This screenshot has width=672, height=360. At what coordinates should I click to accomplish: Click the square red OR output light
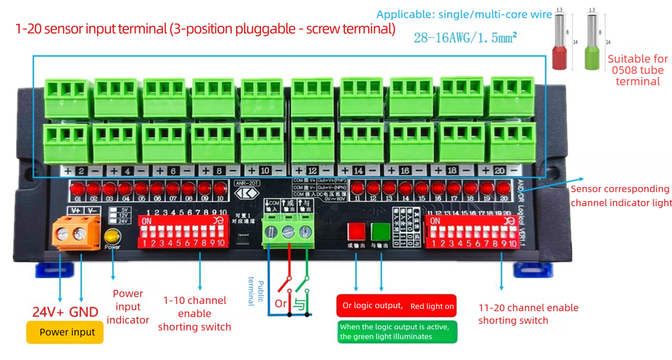coord(356,232)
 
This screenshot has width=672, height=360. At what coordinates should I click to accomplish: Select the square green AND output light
coord(381,232)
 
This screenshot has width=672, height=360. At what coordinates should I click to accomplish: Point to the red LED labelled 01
coord(77,188)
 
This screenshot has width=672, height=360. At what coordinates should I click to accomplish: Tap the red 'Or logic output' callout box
coord(396,305)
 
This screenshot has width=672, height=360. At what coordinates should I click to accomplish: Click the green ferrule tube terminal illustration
coord(594,46)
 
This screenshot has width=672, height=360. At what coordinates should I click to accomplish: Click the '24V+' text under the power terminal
coord(48,312)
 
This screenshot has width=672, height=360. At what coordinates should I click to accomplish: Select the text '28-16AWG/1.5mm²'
coord(465,38)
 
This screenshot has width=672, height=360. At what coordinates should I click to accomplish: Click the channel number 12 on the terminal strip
coord(312,171)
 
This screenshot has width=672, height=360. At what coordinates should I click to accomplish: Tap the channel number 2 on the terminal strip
coord(81,171)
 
